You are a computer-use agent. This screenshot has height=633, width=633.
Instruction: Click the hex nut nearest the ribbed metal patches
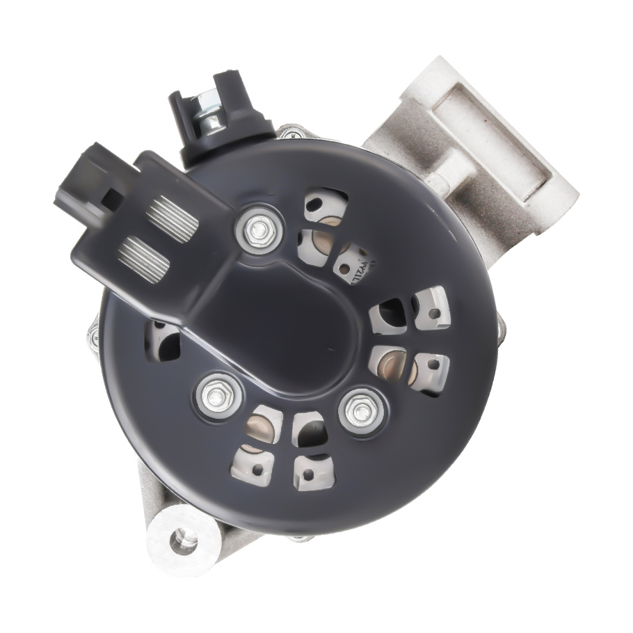pos(259,227)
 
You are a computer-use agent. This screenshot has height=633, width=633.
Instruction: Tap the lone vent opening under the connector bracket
pos(164,341)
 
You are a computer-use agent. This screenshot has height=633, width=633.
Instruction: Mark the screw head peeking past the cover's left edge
pos(93,337)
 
